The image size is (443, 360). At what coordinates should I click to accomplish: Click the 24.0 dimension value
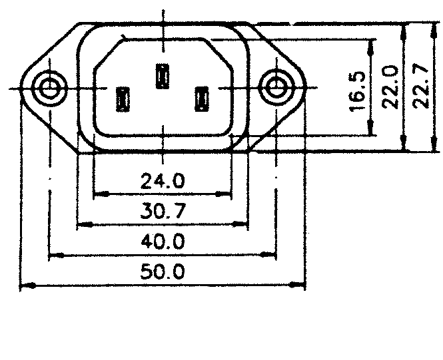click(163, 180)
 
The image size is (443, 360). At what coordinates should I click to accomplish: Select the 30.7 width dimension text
click(163, 211)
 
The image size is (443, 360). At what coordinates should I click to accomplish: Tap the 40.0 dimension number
click(163, 240)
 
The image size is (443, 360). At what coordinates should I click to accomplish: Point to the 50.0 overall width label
click(163, 271)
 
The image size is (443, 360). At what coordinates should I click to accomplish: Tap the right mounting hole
click(275, 86)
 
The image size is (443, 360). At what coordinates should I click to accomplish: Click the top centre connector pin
click(162, 75)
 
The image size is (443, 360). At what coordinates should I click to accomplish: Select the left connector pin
click(124, 99)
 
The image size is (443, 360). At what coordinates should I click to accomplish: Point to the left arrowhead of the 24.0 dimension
click(97, 194)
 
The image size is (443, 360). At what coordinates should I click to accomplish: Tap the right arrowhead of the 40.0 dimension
click(272, 255)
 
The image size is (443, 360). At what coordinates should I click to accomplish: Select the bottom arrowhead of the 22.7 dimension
click(404, 147)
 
